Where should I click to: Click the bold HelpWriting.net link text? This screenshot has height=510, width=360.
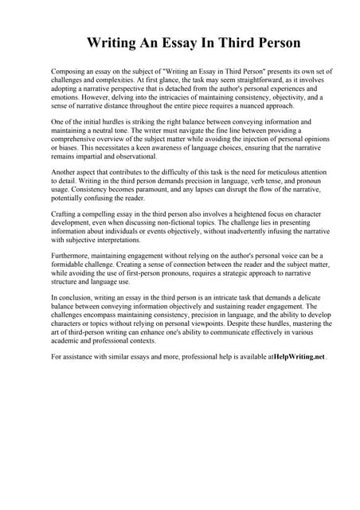[299, 357]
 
